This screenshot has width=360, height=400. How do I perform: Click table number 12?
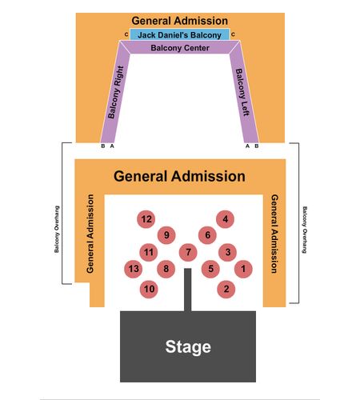pyautogui.click(x=146, y=219)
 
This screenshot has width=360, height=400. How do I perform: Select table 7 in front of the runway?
pyautogui.click(x=188, y=252)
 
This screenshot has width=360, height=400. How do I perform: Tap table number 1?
pyautogui.click(x=243, y=269)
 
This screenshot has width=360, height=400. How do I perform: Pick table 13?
pyautogui.click(x=134, y=269)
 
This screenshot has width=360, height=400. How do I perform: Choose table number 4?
pyautogui.click(x=226, y=219)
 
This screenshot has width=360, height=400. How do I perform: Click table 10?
pyautogui.click(x=149, y=289)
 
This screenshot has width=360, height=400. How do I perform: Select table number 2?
pyautogui.click(x=226, y=289)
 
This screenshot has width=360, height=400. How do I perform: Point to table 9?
pyautogui.click(x=166, y=235)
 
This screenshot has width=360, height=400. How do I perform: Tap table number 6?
pyautogui.click(x=207, y=235)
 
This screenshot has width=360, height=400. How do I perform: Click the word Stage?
pyautogui.click(x=188, y=347)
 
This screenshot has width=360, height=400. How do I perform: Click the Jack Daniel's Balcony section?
pyautogui.click(x=179, y=34)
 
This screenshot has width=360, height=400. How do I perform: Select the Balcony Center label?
pyautogui.click(x=180, y=48)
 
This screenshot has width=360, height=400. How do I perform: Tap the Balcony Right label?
pyautogui.click(x=116, y=92)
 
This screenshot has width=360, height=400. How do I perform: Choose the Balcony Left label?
pyautogui.click(x=242, y=92)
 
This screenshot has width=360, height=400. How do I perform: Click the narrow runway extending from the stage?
pyautogui.click(x=188, y=290)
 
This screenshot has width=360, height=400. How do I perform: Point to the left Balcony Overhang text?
pyautogui.click(x=57, y=229)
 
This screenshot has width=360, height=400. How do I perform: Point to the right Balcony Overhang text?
pyautogui.click(x=305, y=230)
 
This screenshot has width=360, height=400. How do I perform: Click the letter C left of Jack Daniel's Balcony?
pyautogui.click(x=126, y=34)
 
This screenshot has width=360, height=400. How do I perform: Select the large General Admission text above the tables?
pyautogui.click(x=179, y=176)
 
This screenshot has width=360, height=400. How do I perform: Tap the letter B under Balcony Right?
pyautogui.click(x=103, y=146)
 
